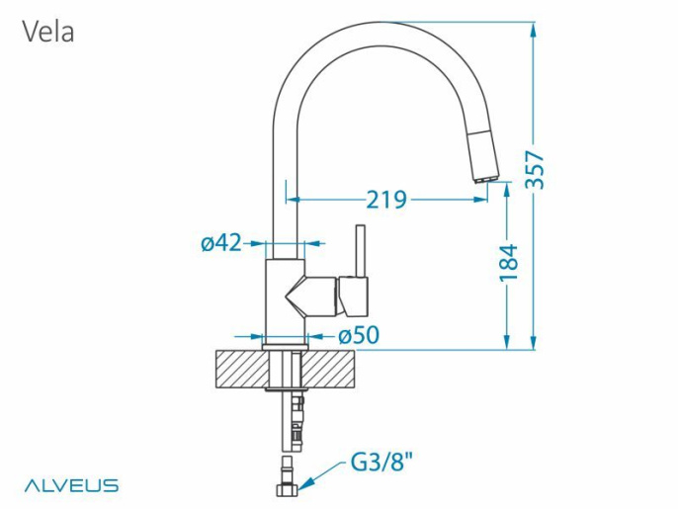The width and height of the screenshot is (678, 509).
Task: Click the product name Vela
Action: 48,32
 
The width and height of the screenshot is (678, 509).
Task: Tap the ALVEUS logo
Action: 71,485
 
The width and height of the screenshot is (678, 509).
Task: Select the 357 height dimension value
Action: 535,170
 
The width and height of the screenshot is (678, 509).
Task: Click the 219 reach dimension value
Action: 386,200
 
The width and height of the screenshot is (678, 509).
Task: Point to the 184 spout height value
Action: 508,263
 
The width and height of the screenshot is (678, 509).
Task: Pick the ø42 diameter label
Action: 221,243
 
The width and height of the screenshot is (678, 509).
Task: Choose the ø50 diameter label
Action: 359,335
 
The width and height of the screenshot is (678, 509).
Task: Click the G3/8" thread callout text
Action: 381,464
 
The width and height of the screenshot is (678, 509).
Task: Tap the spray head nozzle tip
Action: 486,178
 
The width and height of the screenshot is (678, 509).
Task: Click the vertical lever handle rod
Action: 360,251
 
